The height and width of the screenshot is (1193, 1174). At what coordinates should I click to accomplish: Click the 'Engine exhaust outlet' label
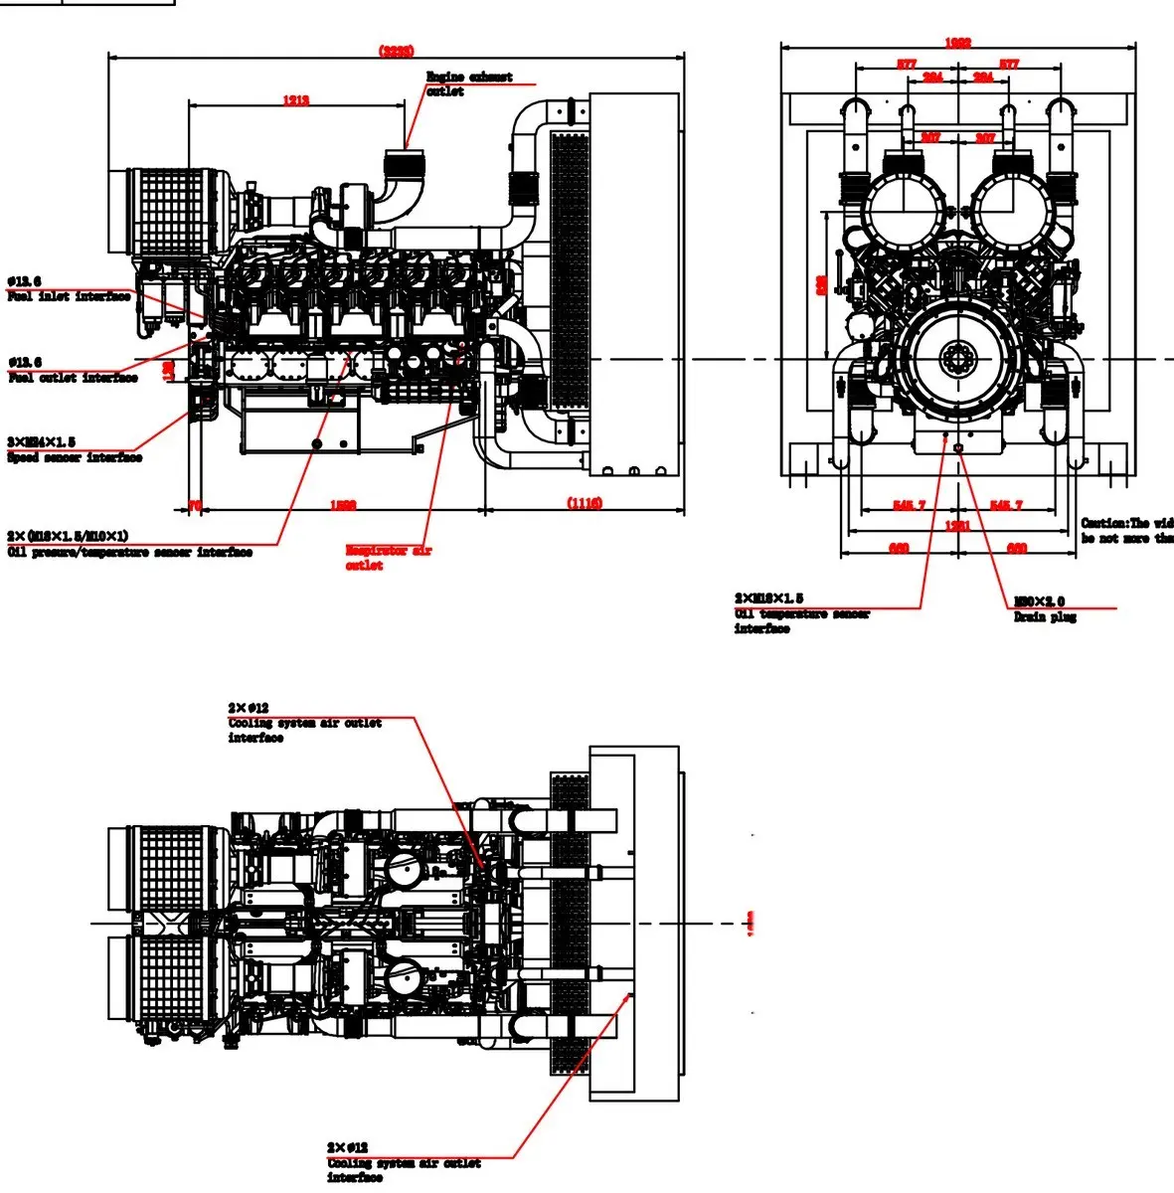click(468, 84)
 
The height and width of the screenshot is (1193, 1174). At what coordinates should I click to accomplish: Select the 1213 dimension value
click(295, 100)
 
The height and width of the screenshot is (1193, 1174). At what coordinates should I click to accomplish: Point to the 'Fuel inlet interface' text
click(69, 296)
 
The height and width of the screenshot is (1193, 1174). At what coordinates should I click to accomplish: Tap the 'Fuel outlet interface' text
click(73, 378)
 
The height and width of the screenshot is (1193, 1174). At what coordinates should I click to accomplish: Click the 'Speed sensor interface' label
click(75, 457)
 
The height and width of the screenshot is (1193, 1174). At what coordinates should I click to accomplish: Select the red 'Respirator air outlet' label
click(388, 558)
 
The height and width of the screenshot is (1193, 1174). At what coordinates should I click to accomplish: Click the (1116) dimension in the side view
click(585, 503)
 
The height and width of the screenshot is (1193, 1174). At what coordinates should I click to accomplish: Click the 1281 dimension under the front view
click(957, 526)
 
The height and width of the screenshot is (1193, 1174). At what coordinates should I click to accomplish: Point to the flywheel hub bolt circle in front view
click(958, 358)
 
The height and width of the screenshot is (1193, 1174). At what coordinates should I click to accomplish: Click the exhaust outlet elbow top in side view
click(407, 155)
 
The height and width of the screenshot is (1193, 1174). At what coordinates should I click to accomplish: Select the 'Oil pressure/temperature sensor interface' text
click(129, 552)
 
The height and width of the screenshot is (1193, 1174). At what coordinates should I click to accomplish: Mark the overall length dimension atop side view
click(396, 51)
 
